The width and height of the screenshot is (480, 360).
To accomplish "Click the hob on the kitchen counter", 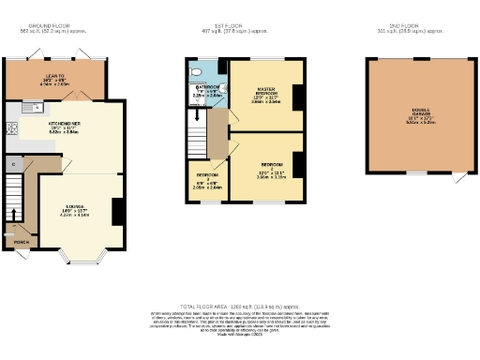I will tap(10, 129).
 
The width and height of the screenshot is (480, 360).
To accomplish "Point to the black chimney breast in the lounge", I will tap(118, 212).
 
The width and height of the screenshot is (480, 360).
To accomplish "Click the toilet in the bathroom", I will tap(193, 70).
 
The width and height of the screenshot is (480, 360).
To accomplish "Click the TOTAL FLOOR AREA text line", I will tap(243, 306).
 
